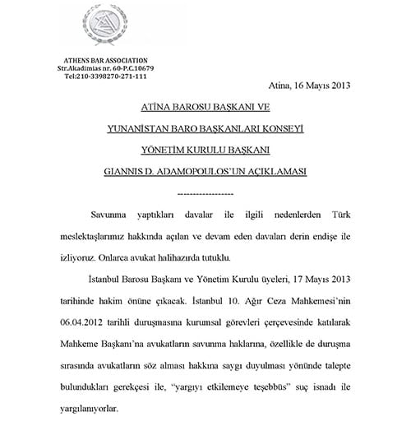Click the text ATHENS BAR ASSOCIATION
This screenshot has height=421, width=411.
coord(104,60)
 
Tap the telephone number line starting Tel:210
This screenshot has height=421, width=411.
coord(104,76)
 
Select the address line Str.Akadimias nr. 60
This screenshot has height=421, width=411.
coord(104,68)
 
